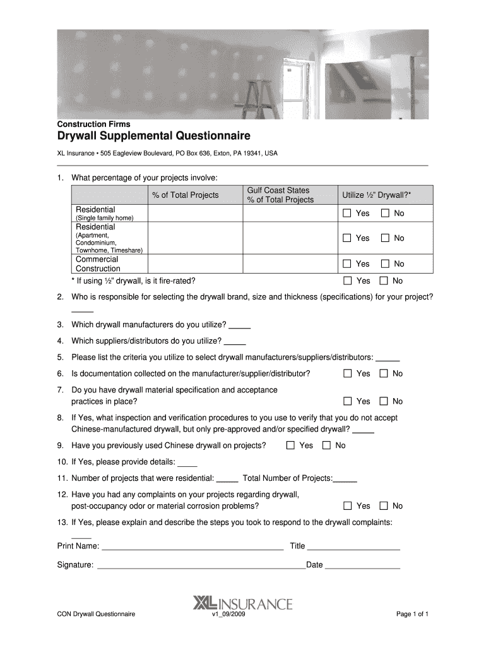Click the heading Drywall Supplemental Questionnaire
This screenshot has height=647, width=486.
pyautogui.click(x=154, y=136)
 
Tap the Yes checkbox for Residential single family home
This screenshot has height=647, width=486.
pyautogui.click(x=347, y=214)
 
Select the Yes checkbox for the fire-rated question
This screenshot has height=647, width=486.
pyautogui.click(x=347, y=281)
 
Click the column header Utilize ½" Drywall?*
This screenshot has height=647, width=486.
pyautogui.click(x=376, y=195)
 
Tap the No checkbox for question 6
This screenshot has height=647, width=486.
pyautogui.click(x=384, y=373)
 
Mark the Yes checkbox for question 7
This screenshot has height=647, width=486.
pyautogui.click(x=347, y=401)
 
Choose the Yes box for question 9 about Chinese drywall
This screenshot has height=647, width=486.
pyautogui.click(x=290, y=445)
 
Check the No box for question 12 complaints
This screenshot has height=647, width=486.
pyautogui.click(x=384, y=506)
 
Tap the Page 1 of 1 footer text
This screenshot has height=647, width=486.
pyautogui.click(x=412, y=614)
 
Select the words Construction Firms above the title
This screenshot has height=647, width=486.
pyautogui.click(x=93, y=124)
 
